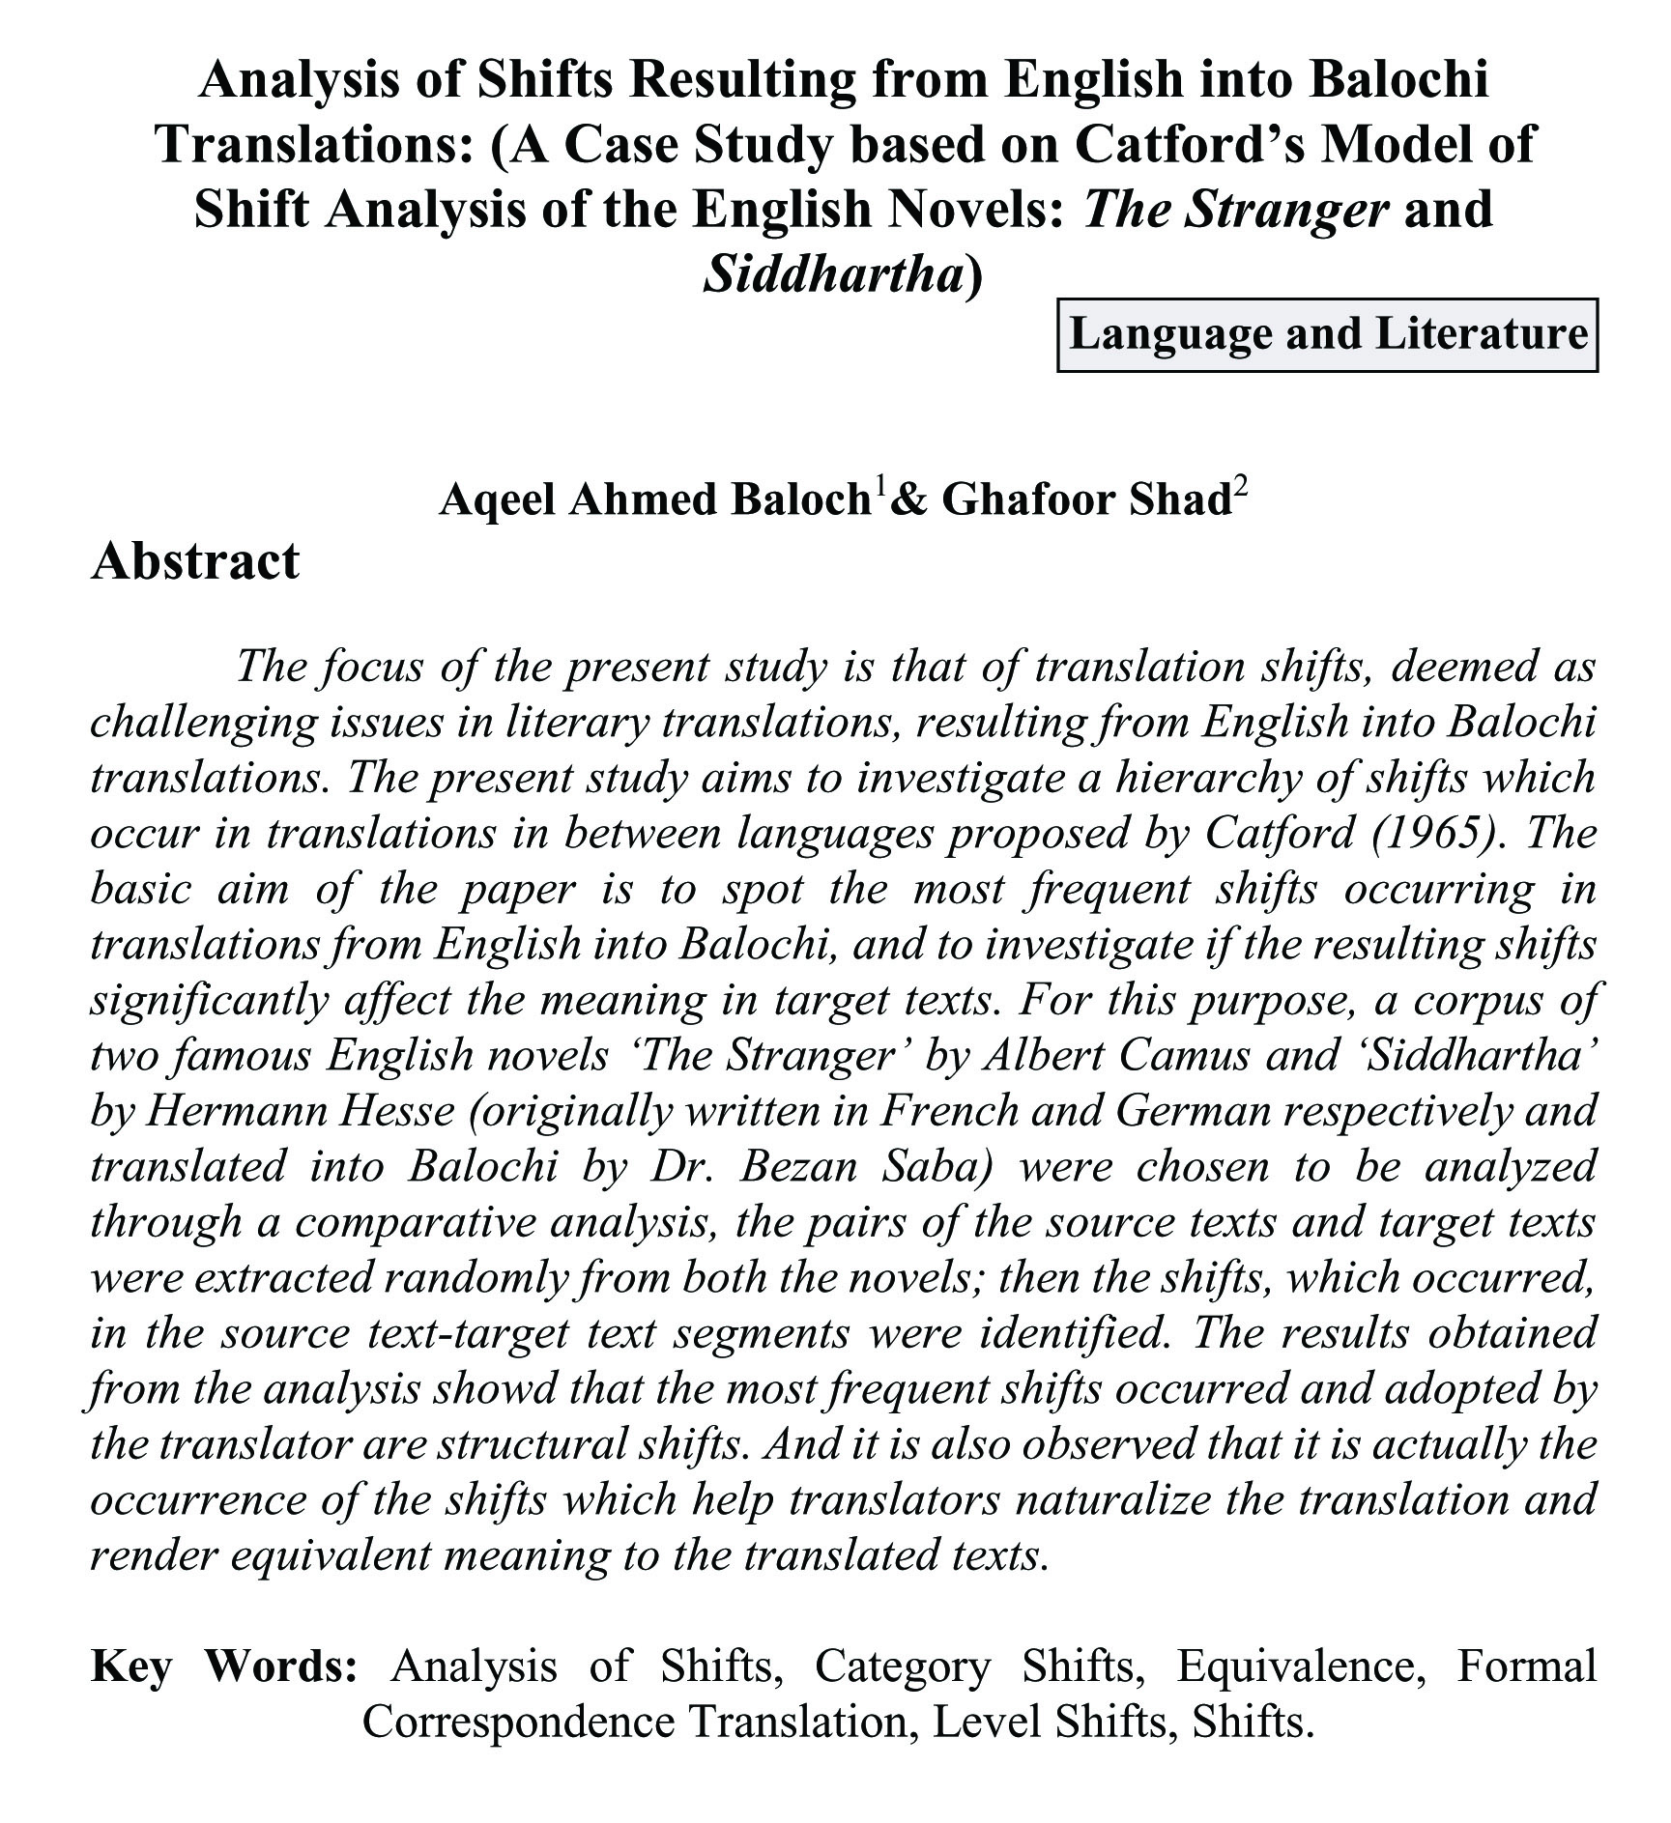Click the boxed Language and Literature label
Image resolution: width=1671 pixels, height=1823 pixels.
click(x=1327, y=335)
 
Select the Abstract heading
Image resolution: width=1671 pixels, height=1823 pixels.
click(x=195, y=561)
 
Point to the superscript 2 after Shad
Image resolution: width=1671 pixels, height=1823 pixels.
click(x=1240, y=486)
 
